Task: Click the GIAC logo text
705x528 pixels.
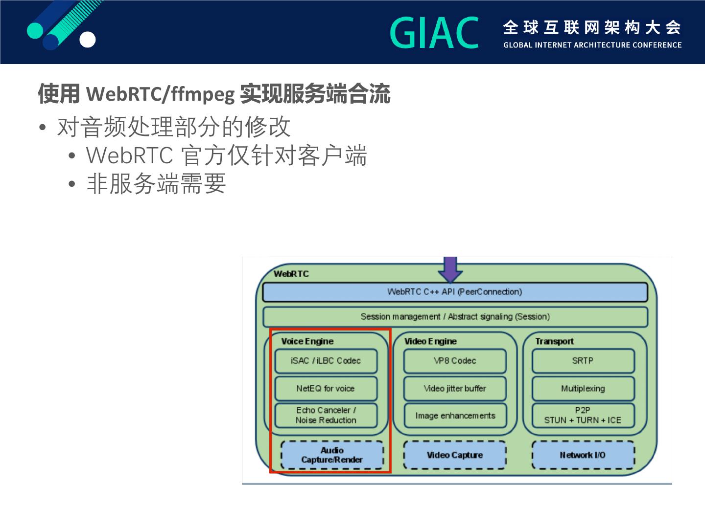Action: click(x=434, y=33)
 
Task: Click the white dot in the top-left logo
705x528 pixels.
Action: click(x=88, y=40)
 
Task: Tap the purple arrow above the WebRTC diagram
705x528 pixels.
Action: click(x=450, y=268)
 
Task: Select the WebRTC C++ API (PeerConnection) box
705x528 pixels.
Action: click(x=455, y=292)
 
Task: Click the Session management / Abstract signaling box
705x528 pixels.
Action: click(x=455, y=317)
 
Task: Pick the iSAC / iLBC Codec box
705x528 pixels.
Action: click(x=326, y=361)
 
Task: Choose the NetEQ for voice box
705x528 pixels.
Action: click(x=326, y=389)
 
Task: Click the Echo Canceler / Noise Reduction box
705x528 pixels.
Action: click(x=326, y=416)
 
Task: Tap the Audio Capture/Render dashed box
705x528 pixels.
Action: click(x=332, y=455)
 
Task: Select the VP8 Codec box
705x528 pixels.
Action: click(x=455, y=361)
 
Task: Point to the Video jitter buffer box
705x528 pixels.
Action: click(x=455, y=389)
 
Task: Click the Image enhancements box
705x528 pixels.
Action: click(x=455, y=416)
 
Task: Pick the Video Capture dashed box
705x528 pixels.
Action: click(x=455, y=455)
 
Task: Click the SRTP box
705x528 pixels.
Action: click(x=583, y=361)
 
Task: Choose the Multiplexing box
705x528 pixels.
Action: click(x=583, y=389)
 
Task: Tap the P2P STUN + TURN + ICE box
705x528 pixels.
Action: click(x=583, y=416)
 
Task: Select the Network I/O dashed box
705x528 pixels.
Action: click(x=583, y=455)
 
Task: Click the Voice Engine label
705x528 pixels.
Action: click(x=307, y=341)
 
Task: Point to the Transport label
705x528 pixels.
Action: click(x=554, y=341)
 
